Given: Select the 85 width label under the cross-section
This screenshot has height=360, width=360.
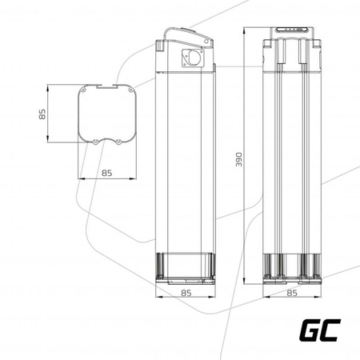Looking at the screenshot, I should pyautogui.click(x=106, y=170).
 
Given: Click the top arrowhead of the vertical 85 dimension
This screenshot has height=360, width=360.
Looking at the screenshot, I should pyautogui.click(x=50, y=86).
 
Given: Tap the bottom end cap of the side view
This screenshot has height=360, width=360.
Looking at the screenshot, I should pyautogui.click(x=185, y=269).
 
